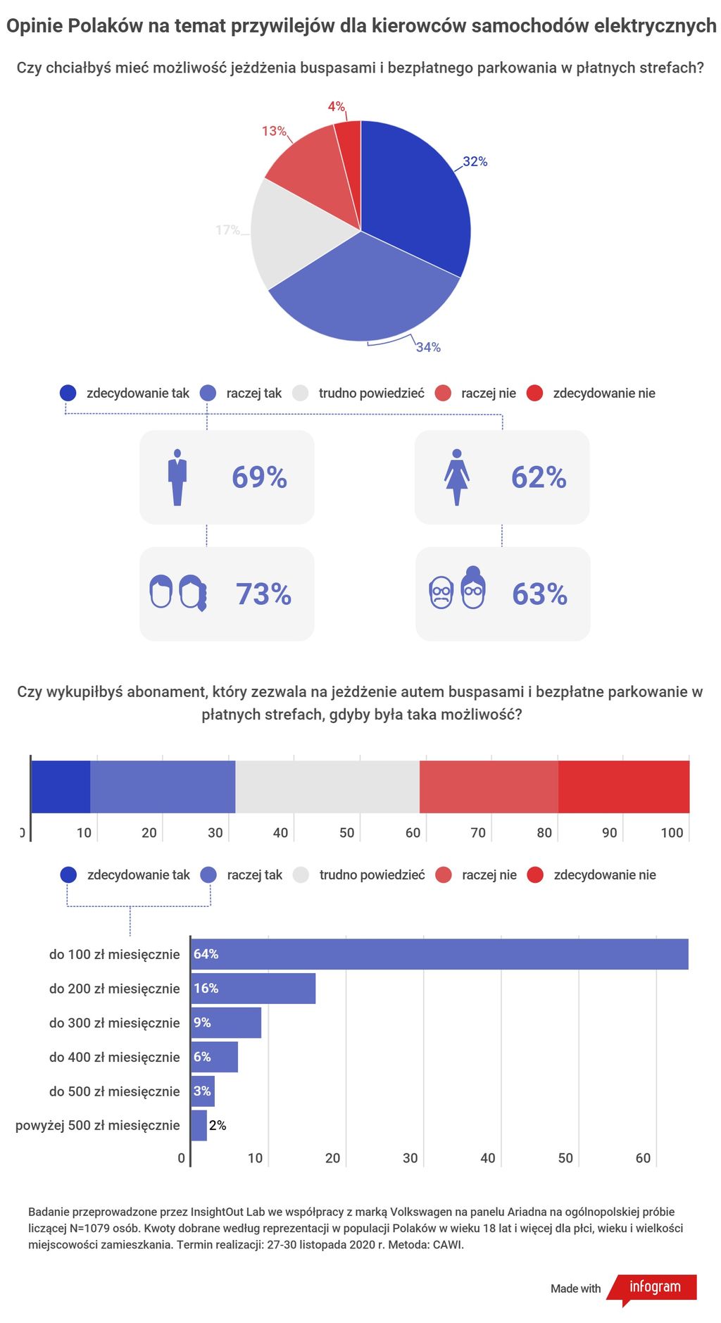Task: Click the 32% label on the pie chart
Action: point(475,161)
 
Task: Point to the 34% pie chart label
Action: point(428,347)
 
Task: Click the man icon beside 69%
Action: point(177,477)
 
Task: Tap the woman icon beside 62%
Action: point(457,477)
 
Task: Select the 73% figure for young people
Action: point(263,594)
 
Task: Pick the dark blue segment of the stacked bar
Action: point(61,786)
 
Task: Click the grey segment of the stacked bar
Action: point(327,786)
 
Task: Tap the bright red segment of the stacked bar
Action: point(623,786)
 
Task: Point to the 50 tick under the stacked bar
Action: point(346,833)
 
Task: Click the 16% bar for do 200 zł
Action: point(253,989)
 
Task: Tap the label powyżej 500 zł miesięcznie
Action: point(98,1125)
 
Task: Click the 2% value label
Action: point(218,1125)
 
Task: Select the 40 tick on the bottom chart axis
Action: point(487,1158)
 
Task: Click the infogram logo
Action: point(654,1287)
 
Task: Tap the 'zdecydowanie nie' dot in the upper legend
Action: point(535,393)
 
